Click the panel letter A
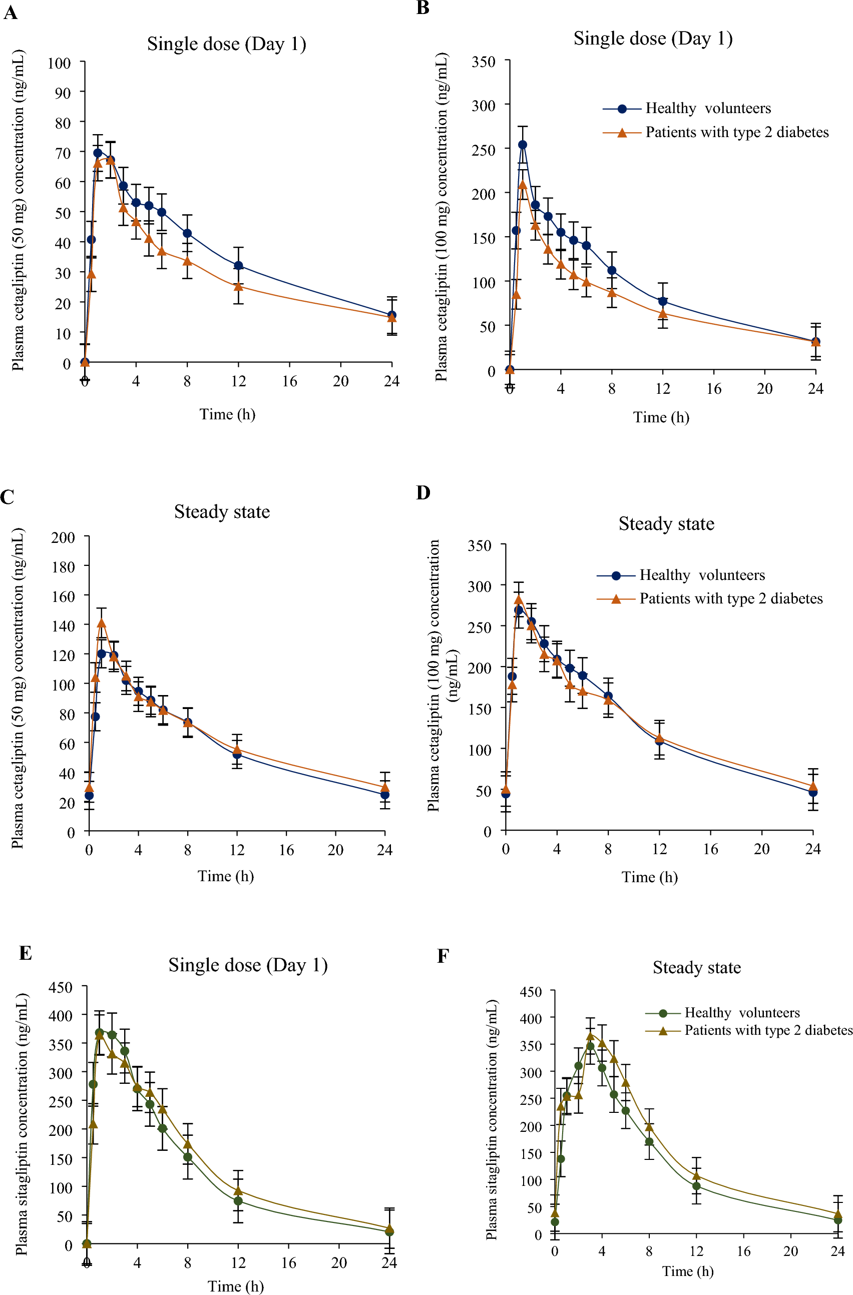11,12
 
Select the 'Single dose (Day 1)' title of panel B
653,39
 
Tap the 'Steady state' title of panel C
222,511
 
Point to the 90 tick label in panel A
63,93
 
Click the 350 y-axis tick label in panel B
484,62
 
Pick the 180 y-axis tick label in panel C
63,567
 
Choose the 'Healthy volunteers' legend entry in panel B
708,108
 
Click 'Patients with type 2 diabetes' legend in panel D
730,598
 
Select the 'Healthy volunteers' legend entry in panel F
741,1013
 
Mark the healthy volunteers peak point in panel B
523,145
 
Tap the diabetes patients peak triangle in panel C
101,623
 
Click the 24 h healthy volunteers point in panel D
813,792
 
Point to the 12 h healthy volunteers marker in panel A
238,266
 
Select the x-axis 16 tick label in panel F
743,1251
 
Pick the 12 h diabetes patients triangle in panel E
238,1191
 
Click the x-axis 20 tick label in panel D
761,849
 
